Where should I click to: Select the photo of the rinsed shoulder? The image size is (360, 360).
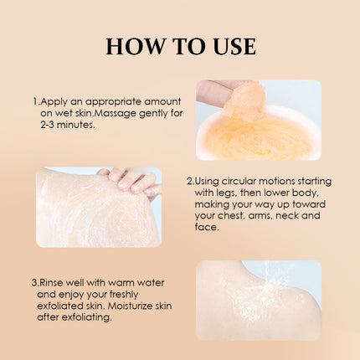pyautogui.click(x=258, y=299)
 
